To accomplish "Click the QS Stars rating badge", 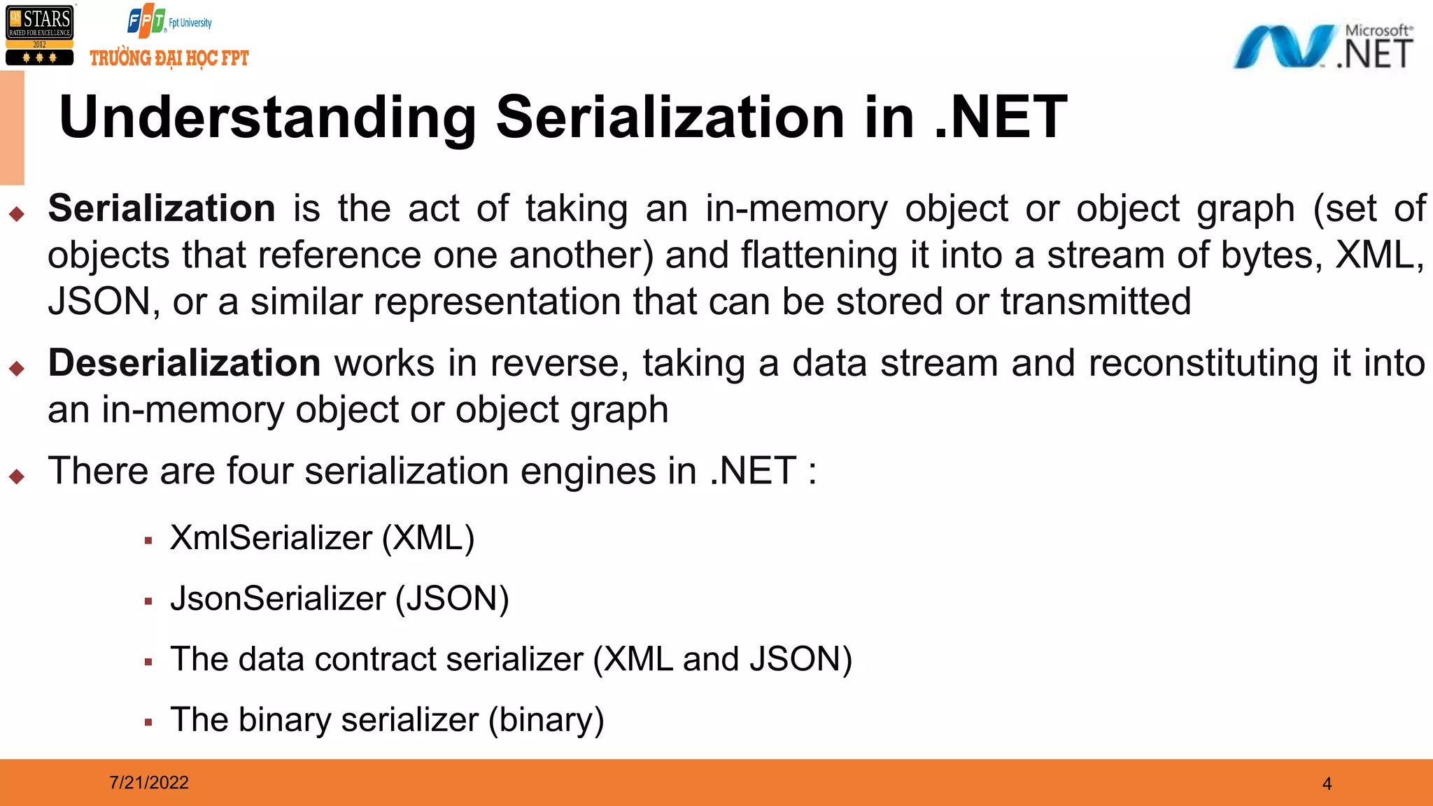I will coord(39,35).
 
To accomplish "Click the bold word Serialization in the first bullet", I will coord(162,208).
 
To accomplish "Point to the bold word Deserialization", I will coord(184,363).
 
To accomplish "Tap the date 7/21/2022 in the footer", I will coord(149,782).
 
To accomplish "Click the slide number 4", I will coord(1327,784).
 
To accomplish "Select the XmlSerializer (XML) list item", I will coord(322,538).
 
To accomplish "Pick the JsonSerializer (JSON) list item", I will coord(339,599).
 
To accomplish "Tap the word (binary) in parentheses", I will coord(546,720).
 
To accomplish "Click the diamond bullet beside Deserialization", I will coord(17,368).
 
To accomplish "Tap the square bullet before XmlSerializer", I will coord(148,541).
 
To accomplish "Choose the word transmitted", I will coord(1096,302).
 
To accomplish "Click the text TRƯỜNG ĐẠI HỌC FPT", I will coord(169,58).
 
